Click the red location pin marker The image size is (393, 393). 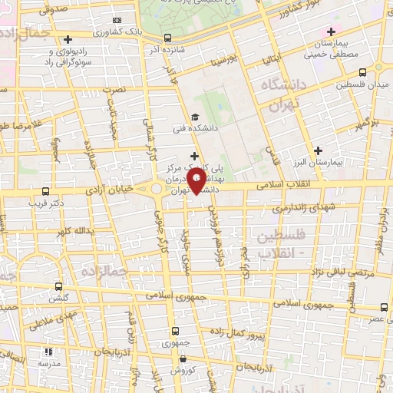coord(196,180)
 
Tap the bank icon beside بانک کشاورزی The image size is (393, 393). coord(117,20)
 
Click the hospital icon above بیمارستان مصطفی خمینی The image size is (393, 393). coord(331,31)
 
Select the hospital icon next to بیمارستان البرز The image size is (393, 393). coord(318,150)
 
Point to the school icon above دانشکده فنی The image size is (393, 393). coord(194,117)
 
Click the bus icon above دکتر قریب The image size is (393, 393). coord(45,191)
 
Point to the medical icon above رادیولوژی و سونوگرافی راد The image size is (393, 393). coord(68,38)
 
